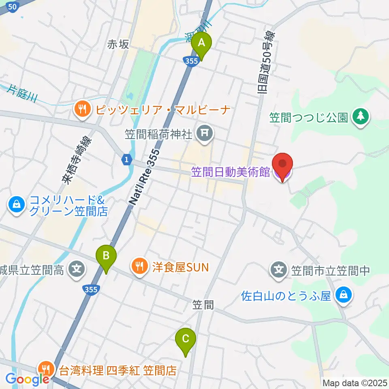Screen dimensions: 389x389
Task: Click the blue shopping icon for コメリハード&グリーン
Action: pyautogui.click(x=16, y=205)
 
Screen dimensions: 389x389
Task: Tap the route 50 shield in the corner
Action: pyautogui.click(x=13, y=6)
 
